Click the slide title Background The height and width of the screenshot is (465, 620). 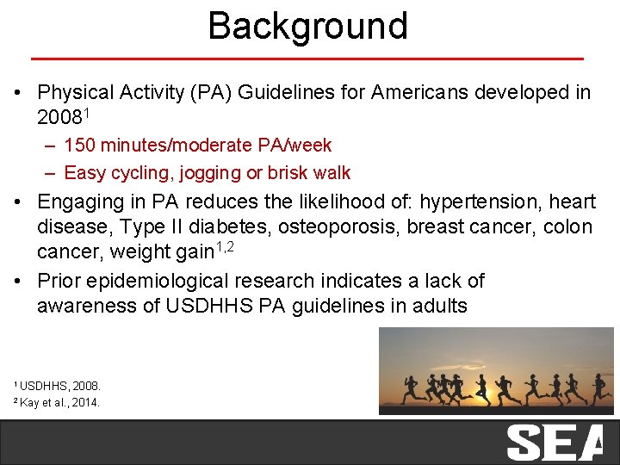tap(307, 26)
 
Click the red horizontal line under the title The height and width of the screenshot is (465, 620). tap(307, 59)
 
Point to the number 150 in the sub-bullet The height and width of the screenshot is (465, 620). tap(80, 146)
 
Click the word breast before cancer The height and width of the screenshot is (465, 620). tap(438, 227)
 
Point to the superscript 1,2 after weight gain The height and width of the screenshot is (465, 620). tap(224, 247)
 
